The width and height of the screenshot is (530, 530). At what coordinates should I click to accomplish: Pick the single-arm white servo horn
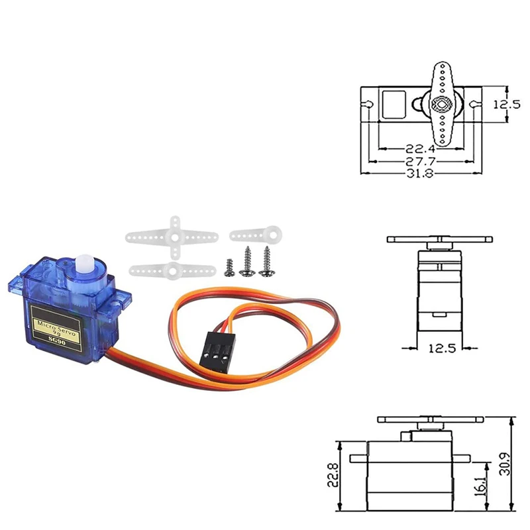click(x=257, y=234)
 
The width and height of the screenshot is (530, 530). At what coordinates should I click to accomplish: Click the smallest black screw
click(x=229, y=264)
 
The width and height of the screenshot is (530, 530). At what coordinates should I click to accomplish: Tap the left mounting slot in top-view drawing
click(x=366, y=104)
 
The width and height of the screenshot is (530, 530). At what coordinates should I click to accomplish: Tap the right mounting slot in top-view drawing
click(x=474, y=104)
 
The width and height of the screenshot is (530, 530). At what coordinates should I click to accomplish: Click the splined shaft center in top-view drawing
click(x=440, y=104)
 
